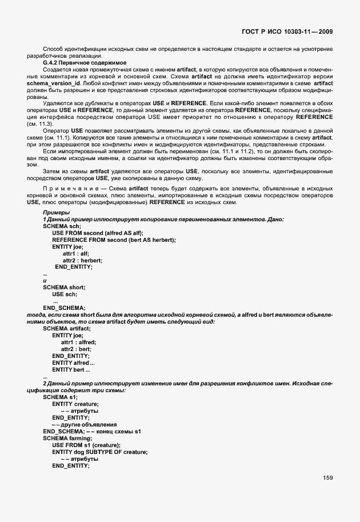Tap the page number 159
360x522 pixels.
[x=327, y=477]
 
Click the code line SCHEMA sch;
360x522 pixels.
[x=62, y=226]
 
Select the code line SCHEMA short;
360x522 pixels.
[x=64, y=287]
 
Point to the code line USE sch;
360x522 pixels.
[x=64, y=294]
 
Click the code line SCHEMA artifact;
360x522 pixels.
[x=66, y=328]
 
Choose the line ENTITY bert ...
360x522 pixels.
[x=71, y=369]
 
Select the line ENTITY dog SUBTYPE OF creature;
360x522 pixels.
[x=100, y=452]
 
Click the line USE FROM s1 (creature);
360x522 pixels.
[x=86, y=445]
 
